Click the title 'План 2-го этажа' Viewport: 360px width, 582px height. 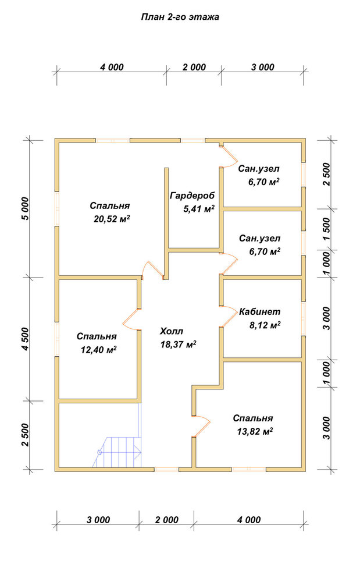tap(180, 17)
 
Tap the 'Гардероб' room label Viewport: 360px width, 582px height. tap(192, 196)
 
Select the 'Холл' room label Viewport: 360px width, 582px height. tap(172, 331)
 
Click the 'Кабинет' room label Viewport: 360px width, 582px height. tap(259, 312)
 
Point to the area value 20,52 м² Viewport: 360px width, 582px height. tap(112, 219)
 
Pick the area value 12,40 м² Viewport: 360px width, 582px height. tap(99, 350)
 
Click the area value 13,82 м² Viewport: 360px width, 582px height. tap(255, 431)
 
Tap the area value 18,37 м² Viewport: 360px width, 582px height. tap(178, 345)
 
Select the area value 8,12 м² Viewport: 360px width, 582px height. tap(265, 325)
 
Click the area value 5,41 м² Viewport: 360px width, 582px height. tap(199, 209)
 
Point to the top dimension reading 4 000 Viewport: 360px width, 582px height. tap(112, 67)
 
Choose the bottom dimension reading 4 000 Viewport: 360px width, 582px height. tap(249, 520)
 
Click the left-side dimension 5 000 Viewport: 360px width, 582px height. tap(25, 208)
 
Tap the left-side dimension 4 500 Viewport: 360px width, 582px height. tap(25, 339)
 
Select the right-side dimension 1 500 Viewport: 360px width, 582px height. tap(326, 229)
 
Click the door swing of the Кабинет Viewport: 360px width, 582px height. tap(229, 316)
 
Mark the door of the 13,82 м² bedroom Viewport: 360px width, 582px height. tap(202, 425)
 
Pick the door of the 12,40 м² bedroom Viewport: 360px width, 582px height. tap(131, 319)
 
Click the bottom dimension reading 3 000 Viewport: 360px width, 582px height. tap(98, 520)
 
